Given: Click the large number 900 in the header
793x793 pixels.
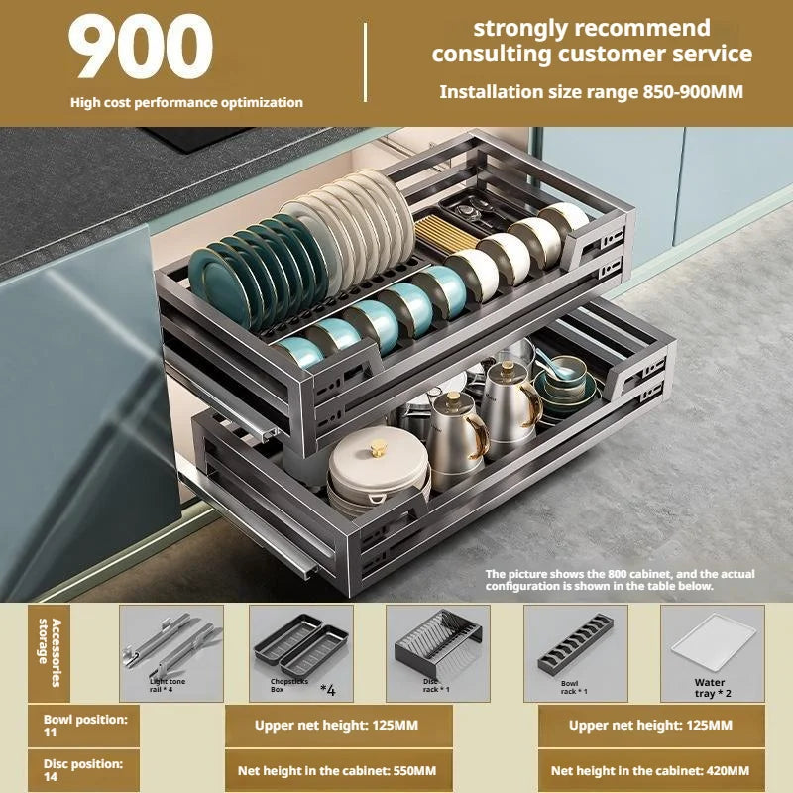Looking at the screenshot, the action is (141, 47).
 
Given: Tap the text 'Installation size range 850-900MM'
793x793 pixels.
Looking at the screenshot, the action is (591, 92).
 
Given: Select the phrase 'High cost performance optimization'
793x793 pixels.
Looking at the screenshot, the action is (186, 103).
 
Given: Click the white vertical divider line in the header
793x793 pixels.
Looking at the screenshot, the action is (365, 61).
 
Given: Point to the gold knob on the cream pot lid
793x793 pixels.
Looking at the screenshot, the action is (378, 448).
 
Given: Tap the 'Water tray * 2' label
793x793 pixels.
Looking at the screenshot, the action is (712, 688).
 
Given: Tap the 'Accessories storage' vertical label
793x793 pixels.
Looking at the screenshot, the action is (50, 652).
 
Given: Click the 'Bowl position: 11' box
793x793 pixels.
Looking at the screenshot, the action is (84, 726).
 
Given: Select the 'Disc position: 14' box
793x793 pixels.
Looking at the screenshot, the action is (84, 770).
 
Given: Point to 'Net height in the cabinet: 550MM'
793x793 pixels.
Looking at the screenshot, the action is (337, 771).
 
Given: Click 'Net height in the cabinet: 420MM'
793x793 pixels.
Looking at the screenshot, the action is (650, 771).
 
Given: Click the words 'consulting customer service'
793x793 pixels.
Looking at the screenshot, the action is (592, 55).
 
